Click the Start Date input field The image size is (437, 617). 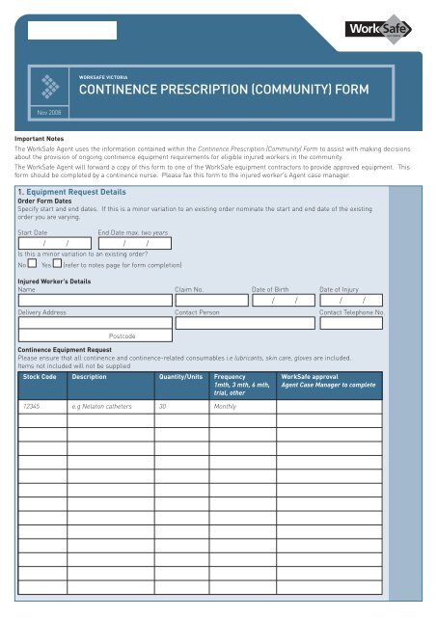54,244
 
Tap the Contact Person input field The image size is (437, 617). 245,324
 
